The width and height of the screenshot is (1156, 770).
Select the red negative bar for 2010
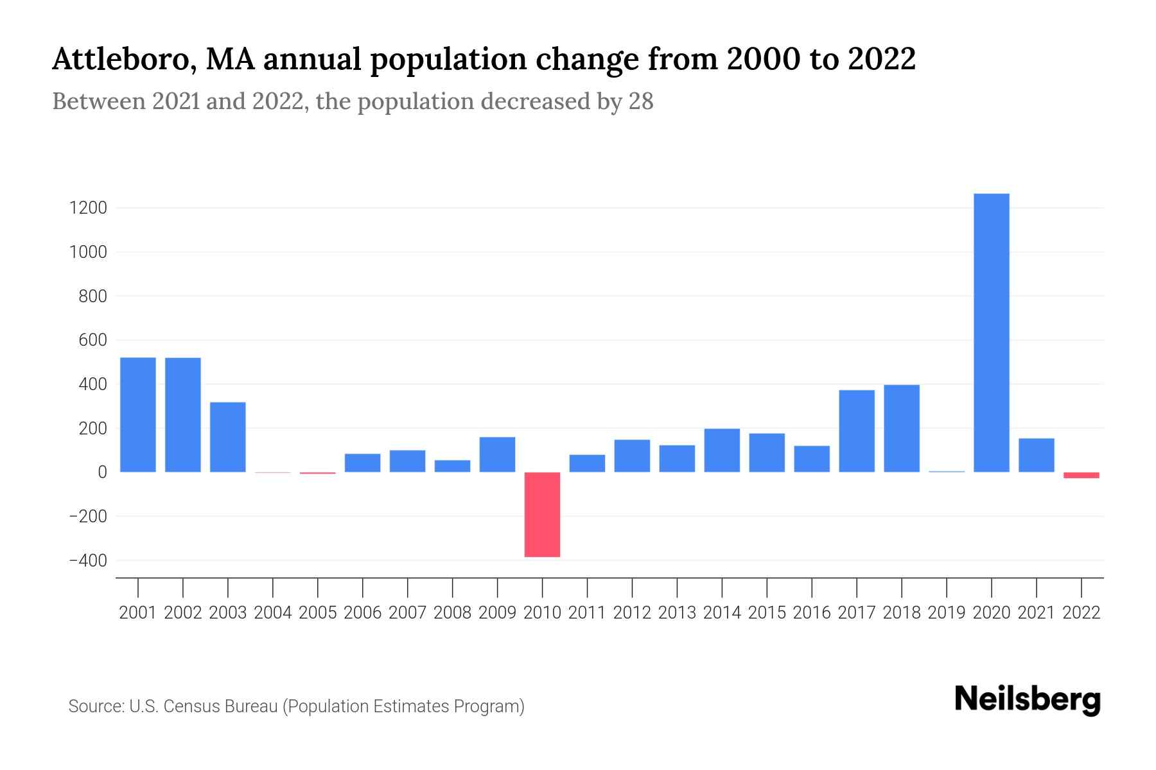[x=542, y=514]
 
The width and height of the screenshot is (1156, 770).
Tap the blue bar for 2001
[x=138, y=415]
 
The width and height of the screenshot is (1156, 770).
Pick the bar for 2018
[x=902, y=428]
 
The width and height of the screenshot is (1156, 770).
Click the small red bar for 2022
[x=1081, y=475]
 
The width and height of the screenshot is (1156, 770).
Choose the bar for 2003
[x=228, y=436]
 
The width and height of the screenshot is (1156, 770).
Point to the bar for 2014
[x=722, y=450]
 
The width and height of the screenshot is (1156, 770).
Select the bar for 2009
[x=497, y=454]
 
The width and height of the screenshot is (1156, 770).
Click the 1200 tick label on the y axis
[x=89, y=209]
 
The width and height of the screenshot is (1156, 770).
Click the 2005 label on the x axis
[x=318, y=613]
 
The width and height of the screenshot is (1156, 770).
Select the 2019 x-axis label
[x=947, y=613]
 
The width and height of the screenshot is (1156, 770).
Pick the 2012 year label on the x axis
[x=632, y=613]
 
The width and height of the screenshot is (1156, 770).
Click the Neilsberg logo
[x=1028, y=699]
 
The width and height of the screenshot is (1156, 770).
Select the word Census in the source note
[x=191, y=706]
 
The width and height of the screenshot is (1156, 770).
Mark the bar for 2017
[x=857, y=431]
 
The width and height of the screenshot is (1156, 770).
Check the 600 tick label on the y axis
[x=92, y=340]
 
